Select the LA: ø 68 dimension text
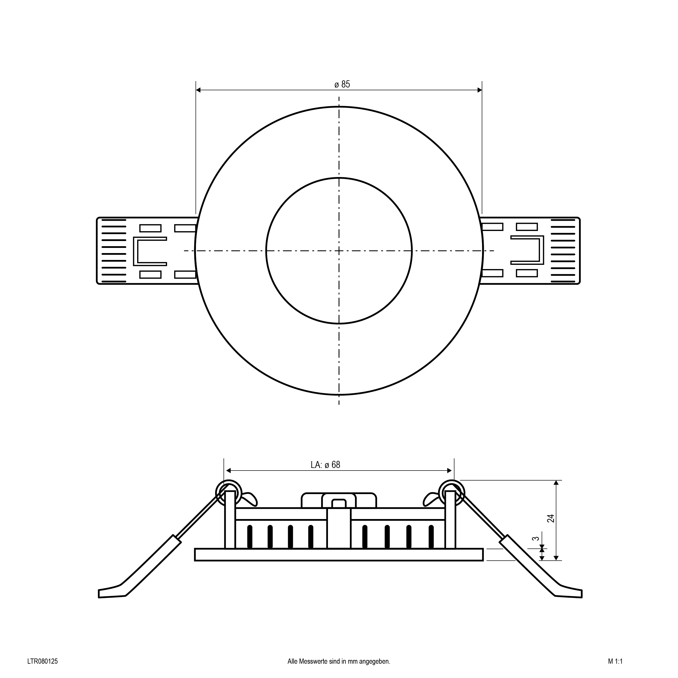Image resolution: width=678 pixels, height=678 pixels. point(325,465)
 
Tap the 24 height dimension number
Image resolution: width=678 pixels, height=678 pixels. point(551,518)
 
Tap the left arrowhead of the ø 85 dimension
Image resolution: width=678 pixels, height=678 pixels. point(198,90)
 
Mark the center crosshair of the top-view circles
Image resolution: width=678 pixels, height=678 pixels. point(339,250)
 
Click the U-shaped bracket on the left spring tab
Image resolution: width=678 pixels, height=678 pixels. point(149,251)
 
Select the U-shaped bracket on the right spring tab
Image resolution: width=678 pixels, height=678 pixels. point(527,250)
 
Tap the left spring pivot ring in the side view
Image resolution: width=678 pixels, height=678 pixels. point(229,493)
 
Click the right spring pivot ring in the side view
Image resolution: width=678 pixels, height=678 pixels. point(452,493)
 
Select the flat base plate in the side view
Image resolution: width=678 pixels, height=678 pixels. point(339,555)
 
